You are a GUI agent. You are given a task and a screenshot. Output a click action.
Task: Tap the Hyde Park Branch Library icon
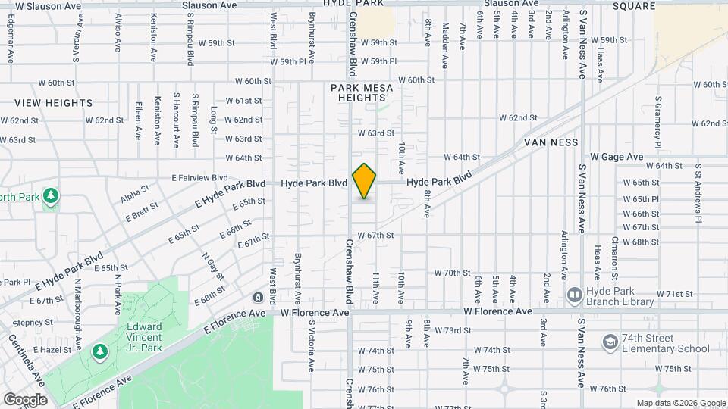574,294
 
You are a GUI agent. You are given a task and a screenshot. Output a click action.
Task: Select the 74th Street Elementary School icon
610,342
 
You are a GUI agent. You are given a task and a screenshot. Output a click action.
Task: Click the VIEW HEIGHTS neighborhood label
53,102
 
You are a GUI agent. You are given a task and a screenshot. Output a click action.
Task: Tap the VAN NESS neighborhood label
551,142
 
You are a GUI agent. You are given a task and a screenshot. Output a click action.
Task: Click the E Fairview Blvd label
199,177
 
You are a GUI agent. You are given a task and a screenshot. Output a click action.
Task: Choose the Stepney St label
27,322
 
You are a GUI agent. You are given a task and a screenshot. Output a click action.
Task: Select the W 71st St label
673,293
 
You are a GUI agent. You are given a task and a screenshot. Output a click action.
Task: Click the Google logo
25,399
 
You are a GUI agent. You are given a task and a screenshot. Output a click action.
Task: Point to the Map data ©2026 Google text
680,403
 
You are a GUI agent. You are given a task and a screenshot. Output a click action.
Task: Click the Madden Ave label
444,41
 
